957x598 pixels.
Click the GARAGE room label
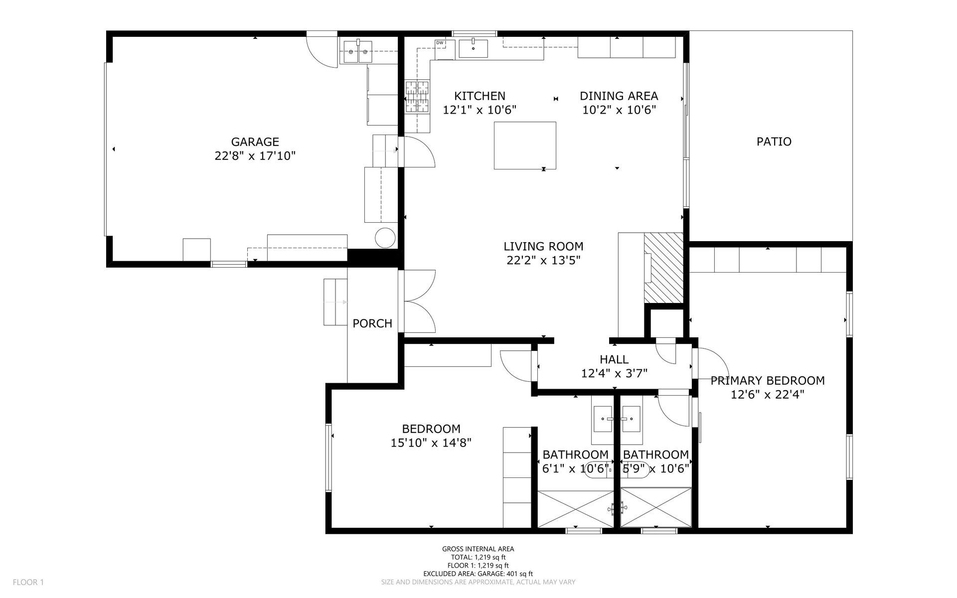[x=255, y=142]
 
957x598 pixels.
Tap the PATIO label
[x=774, y=142]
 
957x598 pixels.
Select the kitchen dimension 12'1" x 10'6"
[x=479, y=110]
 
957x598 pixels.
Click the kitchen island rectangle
[x=525, y=146]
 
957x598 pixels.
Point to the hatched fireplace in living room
[x=663, y=268]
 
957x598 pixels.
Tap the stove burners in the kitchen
[x=417, y=96]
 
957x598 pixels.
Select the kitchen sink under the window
[x=473, y=49]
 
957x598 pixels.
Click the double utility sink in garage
[x=357, y=51]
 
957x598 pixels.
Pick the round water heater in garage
[x=385, y=238]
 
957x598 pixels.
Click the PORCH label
[x=372, y=323]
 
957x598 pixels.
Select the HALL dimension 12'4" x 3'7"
[x=614, y=373]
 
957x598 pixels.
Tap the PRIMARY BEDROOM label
[x=767, y=381]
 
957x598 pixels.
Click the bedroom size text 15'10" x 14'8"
[x=431, y=443]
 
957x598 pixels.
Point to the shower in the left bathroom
[x=576, y=508]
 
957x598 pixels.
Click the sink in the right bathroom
[x=631, y=419]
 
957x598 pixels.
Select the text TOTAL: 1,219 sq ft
[x=478, y=557]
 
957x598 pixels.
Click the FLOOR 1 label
[x=28, y=582]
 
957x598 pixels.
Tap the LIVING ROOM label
[x=543, y=246]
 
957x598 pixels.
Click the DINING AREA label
[x=619, y=96]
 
